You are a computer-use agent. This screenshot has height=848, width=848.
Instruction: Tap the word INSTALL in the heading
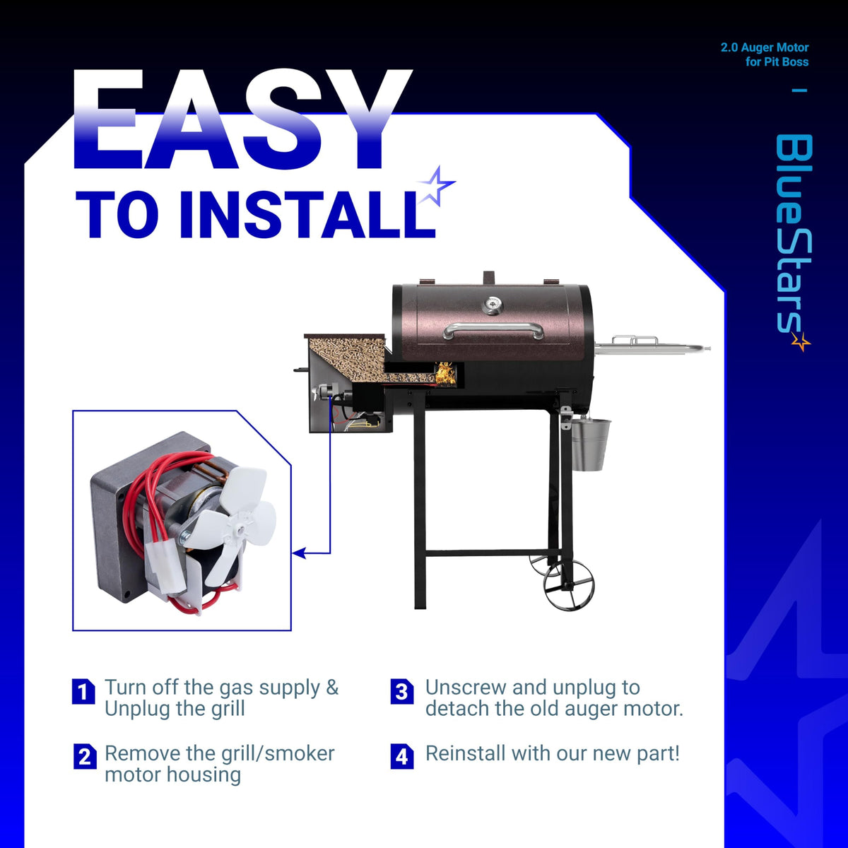pyautogui.click(x=307, y=216)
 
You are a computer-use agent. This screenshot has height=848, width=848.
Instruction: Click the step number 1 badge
pyautogui.click(x=83, y=692)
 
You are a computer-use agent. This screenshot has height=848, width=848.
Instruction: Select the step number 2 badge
pyautogui.click(x=85, y=756)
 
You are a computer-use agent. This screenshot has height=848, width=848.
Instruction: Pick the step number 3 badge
pyautogui.click(x=402, y=692)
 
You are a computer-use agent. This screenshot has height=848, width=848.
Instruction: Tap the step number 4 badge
pyautogui.click(x=402, y=756)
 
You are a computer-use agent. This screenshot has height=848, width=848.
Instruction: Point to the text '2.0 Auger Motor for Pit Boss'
pyautogui.click(x=765, y=54)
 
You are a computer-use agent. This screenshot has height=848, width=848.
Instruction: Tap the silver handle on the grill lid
pyautogui.click(x=493, y=329)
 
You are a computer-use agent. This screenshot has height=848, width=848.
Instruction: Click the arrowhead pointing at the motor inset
pyautogui.click(x=299, y=553)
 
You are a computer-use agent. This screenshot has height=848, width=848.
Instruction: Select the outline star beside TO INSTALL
pyautogui.click(x=436, y=186)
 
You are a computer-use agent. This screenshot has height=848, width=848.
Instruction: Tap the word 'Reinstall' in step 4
pyautogui.click(x=466, y=753)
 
